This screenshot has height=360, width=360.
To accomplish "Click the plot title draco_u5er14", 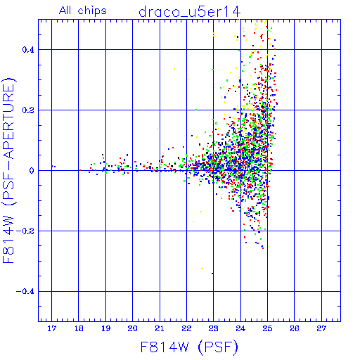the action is click(189, 12).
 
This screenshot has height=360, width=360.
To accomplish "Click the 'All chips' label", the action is click(83, 11).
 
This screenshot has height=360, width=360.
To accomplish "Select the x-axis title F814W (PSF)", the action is click(189, 347).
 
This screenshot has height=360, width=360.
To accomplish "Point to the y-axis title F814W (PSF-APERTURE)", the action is click(8, 171).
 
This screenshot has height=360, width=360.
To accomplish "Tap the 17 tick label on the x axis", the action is click(52, 328).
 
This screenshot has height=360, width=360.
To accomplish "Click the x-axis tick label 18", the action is click(79, 328).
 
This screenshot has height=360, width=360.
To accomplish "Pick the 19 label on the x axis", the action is click(105, 328).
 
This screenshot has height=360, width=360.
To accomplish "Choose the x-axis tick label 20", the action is click(133, 328).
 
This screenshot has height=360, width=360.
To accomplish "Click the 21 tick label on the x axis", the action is click(160, 328).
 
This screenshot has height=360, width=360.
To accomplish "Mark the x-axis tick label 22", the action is click(186, 328).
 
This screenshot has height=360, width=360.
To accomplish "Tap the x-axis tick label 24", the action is click(240, 328).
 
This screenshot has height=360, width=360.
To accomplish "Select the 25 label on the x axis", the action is click(267, 328).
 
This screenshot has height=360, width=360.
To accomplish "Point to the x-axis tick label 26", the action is click(295, 328).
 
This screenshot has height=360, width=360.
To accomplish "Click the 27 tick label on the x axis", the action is click(321, 328).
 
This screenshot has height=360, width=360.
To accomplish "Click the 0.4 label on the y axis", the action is click(28, 50).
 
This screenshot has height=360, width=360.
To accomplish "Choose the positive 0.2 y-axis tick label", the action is click(28, 110).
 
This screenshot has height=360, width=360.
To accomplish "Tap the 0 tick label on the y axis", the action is click(32, 171).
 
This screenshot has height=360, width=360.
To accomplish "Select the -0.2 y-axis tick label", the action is click(25, 231).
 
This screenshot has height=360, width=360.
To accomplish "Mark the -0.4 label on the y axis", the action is click(25, 292).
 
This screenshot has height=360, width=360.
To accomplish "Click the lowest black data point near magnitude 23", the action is click(212, 274).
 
